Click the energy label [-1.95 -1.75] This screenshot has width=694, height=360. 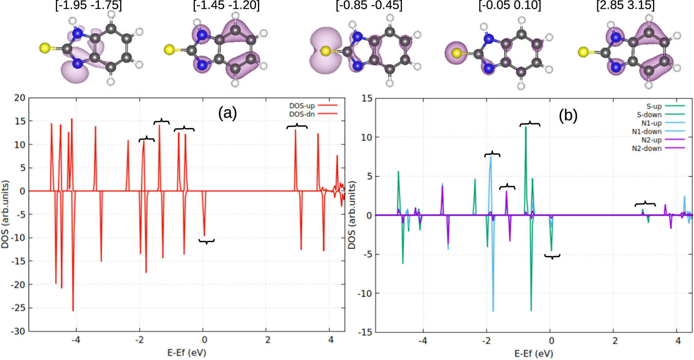tap(88, 5)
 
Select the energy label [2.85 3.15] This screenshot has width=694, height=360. tap(625, 5)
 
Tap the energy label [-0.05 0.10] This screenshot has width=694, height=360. tap(509, 5)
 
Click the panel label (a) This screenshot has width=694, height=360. tap(227, 113)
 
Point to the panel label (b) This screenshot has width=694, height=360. tap(568, 115)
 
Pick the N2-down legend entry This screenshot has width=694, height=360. tap(647, 148)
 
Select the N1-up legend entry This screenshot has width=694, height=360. tap(651, 123)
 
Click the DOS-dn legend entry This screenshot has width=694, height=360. tap(302, 114)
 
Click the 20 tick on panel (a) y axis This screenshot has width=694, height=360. tap(20, 98)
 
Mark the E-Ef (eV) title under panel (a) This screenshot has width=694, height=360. tap(186, 352)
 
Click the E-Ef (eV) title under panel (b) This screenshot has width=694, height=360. tap(534, 353)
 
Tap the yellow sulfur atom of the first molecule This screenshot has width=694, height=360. tap(45, 48)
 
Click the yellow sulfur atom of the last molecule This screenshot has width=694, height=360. tap(583, 52)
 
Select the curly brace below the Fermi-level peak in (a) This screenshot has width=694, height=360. tap(206, 241)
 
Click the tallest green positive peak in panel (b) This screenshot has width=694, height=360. tap(526, 127)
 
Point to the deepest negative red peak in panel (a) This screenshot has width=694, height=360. tap(73, 310)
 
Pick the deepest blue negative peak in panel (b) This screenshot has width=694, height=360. tap(493, 310)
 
